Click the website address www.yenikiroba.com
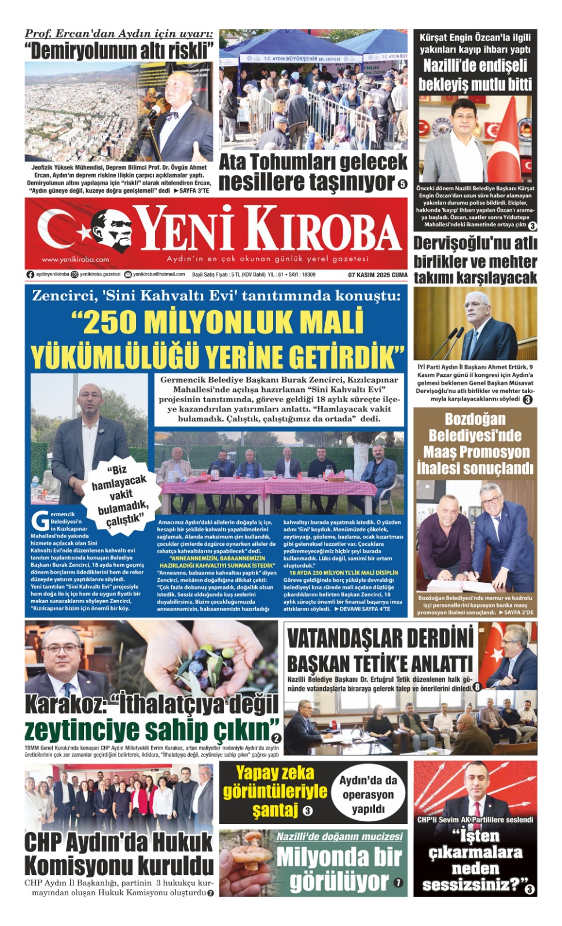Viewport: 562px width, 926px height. [x=75, y=259]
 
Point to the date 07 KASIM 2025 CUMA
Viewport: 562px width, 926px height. [x=378, y=275]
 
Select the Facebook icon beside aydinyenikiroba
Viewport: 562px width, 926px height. [x=30, y=275]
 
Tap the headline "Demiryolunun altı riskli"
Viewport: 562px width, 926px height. [x=119, y=51]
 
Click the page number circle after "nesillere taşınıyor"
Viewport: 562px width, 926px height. [x=402, y=184]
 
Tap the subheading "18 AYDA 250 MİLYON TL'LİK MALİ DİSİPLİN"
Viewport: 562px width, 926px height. [x=344, y=572]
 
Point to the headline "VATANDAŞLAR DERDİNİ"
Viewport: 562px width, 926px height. [x=380, y=639]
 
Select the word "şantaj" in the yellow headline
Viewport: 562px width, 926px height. [x=276, y=809]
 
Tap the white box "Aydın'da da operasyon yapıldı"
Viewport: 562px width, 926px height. [x=368, y=794]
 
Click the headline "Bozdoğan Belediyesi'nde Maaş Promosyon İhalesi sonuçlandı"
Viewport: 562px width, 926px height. [x=475, y=443]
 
